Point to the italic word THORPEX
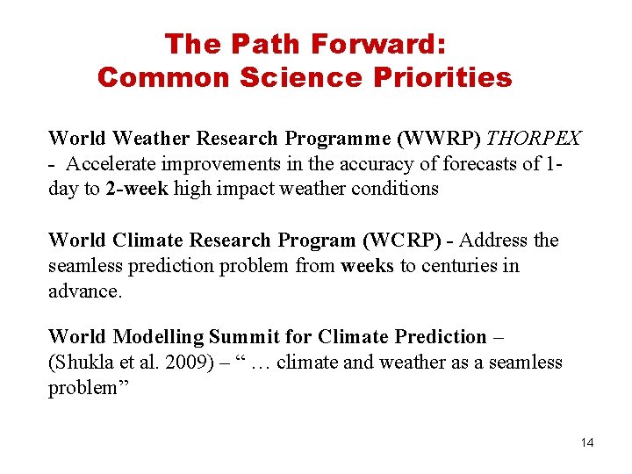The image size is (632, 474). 534,139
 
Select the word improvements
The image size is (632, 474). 231,163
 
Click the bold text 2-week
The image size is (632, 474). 137,188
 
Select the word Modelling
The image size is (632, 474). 153,337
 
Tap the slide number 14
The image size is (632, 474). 587,442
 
